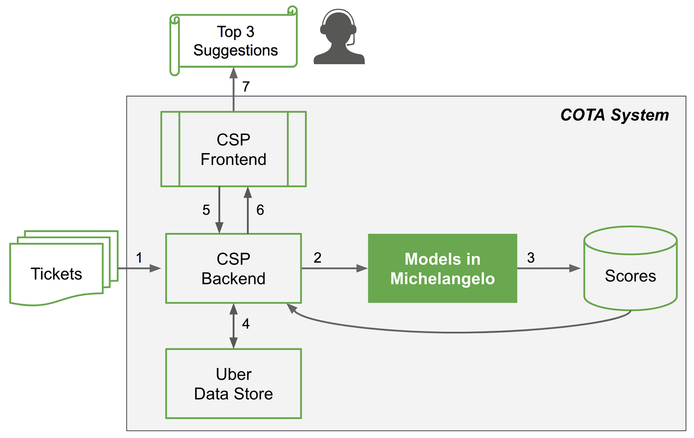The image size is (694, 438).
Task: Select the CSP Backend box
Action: [x=233, y=268]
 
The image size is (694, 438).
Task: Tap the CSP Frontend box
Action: [x=233, y=149]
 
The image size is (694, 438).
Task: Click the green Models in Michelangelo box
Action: [x=442, y=268]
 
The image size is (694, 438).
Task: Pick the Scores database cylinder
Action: [x=630, y=269]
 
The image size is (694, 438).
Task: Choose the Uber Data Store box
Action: [x=233, y=384]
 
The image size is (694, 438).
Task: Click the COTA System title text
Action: [x=614, y=115]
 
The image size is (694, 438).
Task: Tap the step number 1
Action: [x=139, y=258]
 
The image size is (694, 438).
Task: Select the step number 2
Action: [x=318, y=258]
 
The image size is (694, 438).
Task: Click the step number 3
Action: [x=531, y=258]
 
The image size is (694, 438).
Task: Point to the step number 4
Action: [x=246, y=324]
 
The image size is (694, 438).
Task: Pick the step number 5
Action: [x=206, y=210]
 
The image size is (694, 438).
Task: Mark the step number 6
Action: [x=260, y=210]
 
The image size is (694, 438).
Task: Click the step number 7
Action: [x=246, y=87]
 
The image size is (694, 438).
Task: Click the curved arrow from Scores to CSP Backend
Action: [x=455, y=332]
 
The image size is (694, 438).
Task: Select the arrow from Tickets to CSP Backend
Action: [x=139, y=269]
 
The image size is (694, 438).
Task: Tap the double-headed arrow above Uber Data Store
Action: [x=233, y=326]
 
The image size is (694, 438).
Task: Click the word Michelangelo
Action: [x=442, y=279]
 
